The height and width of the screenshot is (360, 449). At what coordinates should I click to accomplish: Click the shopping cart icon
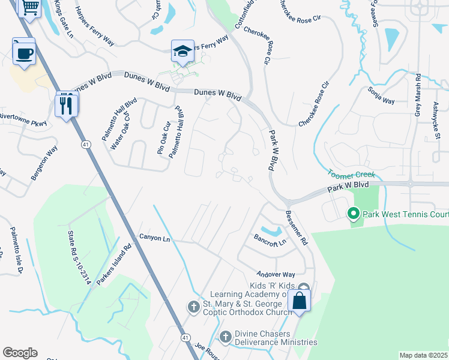(29, 7)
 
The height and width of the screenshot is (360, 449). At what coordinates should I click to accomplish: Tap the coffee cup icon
(24, 53)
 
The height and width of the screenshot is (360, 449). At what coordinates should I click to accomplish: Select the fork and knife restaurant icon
(65, 106)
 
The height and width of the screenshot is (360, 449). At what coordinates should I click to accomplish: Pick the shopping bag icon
(299, 301)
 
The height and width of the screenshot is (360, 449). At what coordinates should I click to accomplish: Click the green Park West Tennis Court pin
(354, 213)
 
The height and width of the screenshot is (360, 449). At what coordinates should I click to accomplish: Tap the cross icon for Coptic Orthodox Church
(194, 307)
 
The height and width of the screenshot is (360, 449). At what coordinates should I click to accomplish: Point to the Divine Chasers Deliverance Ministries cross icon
(226, 337)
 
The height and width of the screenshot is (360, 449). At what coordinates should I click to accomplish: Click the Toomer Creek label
(352, 174)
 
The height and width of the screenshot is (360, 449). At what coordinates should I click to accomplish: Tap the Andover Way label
(277, 273)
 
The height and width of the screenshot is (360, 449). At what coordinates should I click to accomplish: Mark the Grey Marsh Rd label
(418, 94)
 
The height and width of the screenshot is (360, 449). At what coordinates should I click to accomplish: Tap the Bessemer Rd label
(297, 227)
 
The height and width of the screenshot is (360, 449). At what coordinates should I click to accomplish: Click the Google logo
(20, 353)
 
